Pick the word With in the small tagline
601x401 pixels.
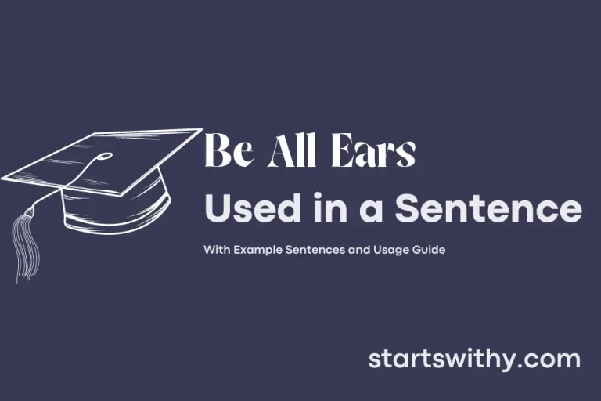(x=215, y=251)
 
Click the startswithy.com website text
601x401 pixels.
(x=474, y=359)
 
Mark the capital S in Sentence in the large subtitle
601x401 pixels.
(x=410, y=210)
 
